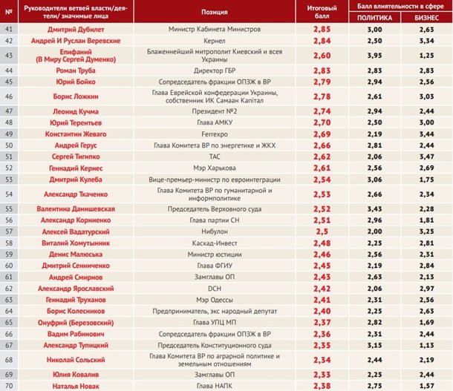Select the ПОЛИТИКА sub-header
click(x=374, y=17)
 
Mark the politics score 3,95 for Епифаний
click(x=374, y=55)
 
